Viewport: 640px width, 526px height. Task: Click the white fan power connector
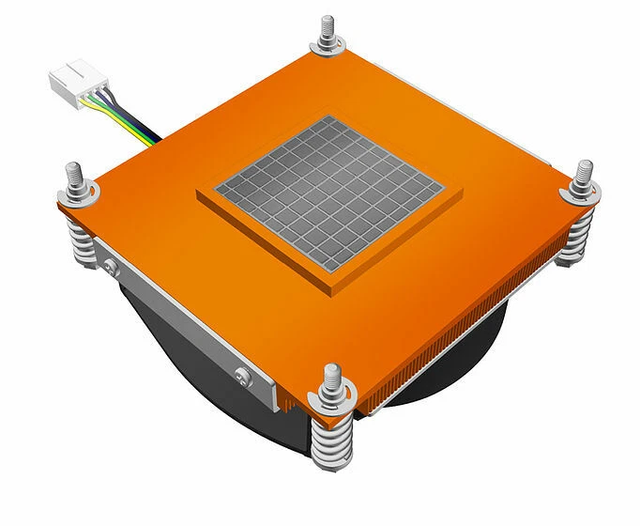point(74,79)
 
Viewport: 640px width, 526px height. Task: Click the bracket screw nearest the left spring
point(110,266)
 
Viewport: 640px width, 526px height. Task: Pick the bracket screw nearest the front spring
point(245,377)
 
